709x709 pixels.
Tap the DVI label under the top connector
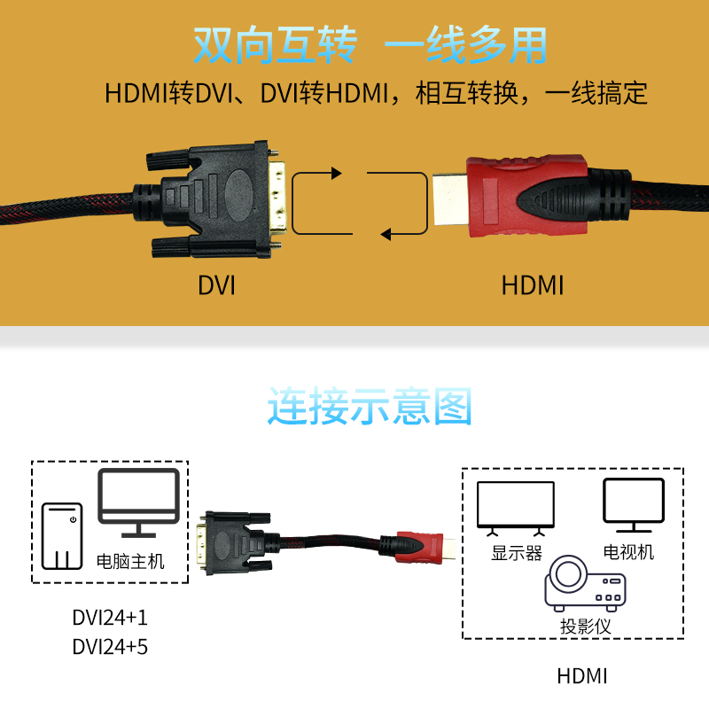click(216, 285)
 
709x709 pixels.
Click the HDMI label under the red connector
click(532, 285)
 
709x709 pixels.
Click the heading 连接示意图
click(370, 407)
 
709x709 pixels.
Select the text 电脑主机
click(130, 561)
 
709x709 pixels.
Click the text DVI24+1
click(110, 618)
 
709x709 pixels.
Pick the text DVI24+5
click(110, 647)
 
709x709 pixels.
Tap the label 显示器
click(516, 553)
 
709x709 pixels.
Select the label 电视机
click(628, 551)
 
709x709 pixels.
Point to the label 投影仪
click(586, 626)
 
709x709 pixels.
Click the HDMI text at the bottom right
click(582, 676)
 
